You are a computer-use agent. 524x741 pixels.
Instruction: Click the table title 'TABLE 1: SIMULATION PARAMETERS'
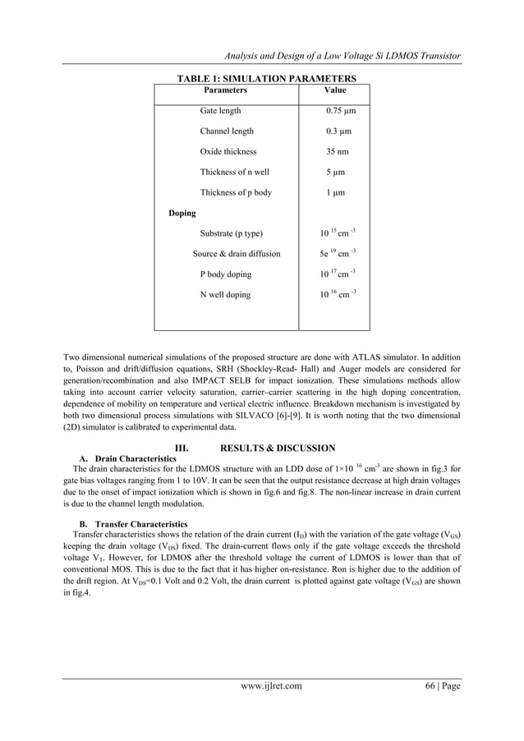click(x=267, y=79)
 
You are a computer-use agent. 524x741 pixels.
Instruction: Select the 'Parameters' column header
click(x=225, y=91)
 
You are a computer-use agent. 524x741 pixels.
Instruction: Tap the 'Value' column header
click(x=335, y=91)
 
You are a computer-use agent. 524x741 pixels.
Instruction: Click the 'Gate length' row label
click(x=220, y=111)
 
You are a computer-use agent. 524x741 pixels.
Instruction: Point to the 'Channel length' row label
click(x=227, y=131)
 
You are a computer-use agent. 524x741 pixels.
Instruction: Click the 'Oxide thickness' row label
click(x=228, y=152)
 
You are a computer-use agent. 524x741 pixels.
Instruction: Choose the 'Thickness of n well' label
click(x=234, y=173)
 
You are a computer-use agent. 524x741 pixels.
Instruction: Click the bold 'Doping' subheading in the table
click(x=182, y=214)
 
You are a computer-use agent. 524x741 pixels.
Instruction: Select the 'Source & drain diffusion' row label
click(x=237, y=254)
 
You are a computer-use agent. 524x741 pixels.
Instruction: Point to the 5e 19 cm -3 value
click(x=337, y=253)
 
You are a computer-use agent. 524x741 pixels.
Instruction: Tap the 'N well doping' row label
click(x=225, y=295)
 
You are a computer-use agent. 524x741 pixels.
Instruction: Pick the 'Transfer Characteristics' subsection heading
click(x=140, y=524)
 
